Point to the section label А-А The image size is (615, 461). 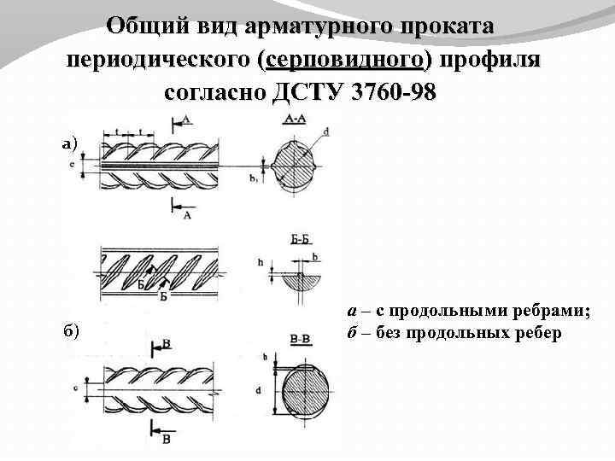294,120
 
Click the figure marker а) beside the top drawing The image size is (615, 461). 69,143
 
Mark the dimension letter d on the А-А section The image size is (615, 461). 326,131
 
